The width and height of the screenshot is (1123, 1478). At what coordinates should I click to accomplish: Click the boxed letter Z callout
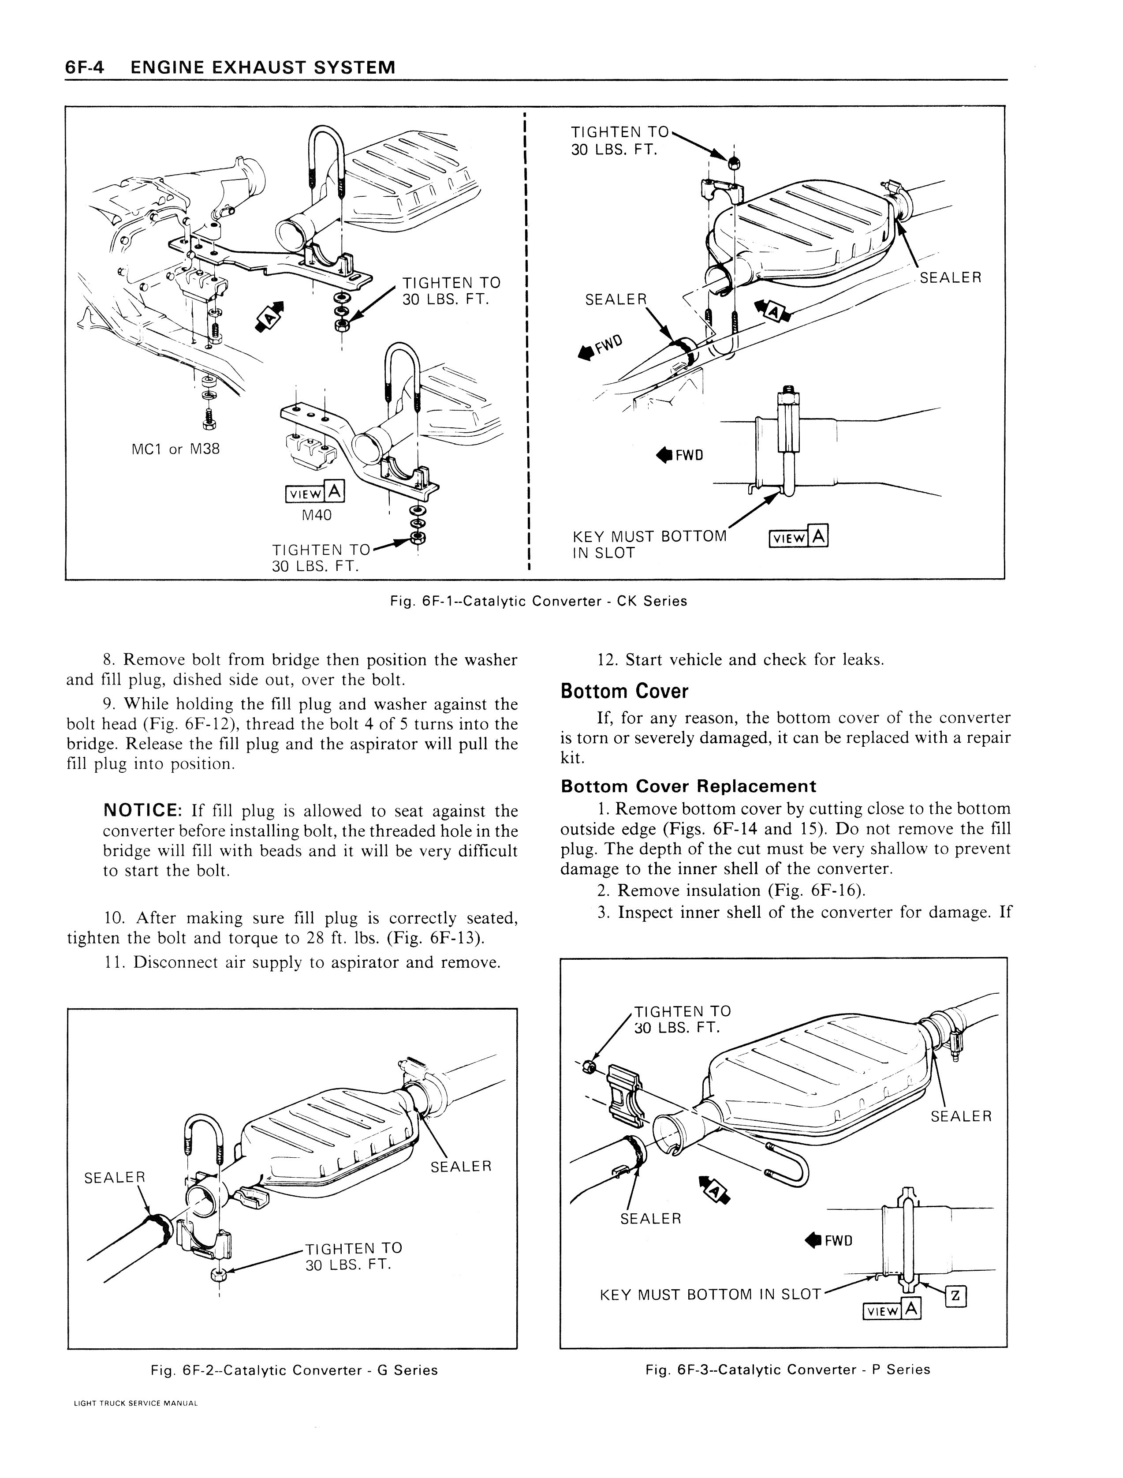[x=956, y=1297]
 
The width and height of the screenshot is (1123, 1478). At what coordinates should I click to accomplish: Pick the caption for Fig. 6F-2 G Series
[x=294, y=1370]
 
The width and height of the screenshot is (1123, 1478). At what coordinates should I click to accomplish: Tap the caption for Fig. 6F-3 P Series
[x=787, y=1369]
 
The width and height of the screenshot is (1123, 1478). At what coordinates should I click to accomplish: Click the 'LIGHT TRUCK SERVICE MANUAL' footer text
[x=136, y=1422]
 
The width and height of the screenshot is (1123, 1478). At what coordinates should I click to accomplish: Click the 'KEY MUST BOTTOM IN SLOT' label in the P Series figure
[x=710, y=1295]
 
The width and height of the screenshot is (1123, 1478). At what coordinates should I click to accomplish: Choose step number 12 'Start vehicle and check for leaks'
[x=741, y=660]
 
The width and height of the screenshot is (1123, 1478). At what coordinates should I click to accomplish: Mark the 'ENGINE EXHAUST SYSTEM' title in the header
[x=263, y=67]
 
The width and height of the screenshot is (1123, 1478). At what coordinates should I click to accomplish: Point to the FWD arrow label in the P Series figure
[x=829, y=1241]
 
